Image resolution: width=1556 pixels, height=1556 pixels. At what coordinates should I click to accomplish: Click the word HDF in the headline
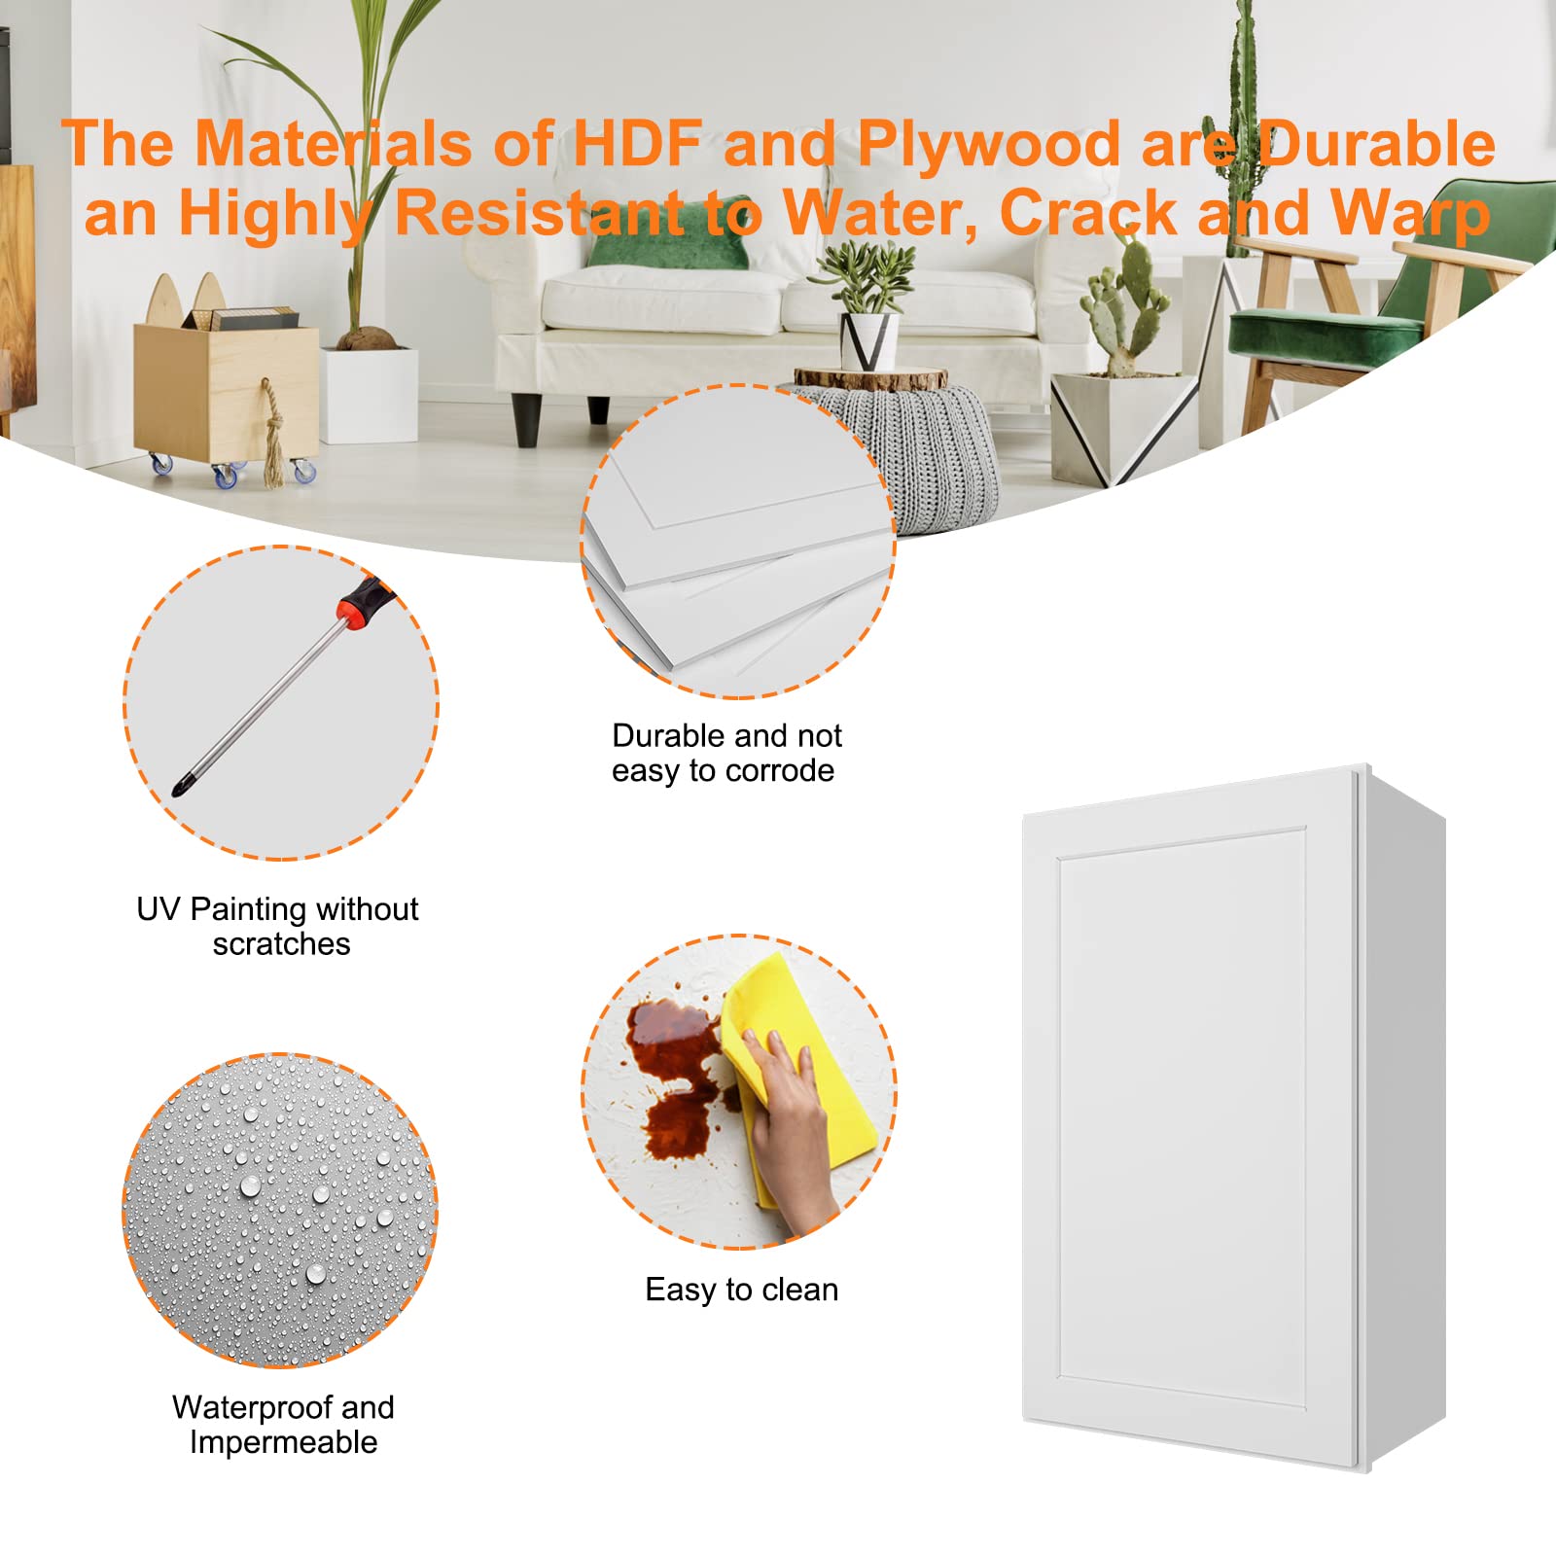638,144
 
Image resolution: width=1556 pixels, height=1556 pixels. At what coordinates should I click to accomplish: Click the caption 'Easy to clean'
741,1290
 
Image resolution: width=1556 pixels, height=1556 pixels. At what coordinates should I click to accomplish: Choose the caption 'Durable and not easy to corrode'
725,753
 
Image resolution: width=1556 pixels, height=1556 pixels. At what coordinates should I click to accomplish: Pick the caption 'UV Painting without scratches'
279,926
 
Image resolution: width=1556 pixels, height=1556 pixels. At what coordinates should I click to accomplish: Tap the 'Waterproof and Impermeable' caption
283,1425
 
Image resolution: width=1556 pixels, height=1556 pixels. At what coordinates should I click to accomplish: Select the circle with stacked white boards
739,542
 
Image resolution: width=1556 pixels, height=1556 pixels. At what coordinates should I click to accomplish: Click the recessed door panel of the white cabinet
1182,1118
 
